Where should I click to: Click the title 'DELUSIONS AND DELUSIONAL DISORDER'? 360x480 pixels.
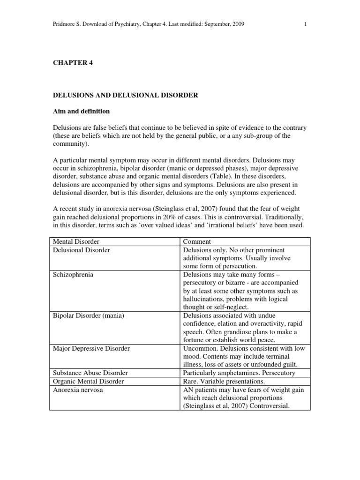pyautogui.click(x=125, y=95)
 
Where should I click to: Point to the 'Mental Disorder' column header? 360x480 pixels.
pyautogui.click(x=76, y=241)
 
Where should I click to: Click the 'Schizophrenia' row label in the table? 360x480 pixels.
pyautogui.click(x=73, y=274)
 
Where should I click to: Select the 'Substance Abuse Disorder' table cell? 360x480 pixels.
pyautogui.click(x=90, y=373)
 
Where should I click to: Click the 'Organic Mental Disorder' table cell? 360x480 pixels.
pyautogui.click(x=89, y=382)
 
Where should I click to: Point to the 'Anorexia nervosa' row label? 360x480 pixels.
pyautogui.click(x=78, y=390)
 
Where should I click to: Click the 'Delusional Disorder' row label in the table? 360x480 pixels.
pyautogui.click(x=82, y=250)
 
